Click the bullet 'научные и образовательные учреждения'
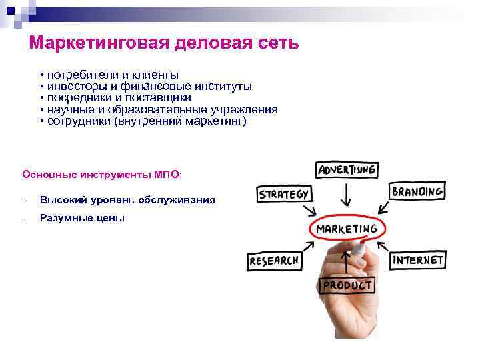161,110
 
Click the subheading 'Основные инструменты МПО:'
101,174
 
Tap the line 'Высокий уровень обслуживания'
127,200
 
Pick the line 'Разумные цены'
82,218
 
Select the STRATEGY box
283,195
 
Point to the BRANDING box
417,192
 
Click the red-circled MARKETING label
346,229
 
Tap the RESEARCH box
273,261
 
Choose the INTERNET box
418,259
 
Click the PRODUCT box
347,285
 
